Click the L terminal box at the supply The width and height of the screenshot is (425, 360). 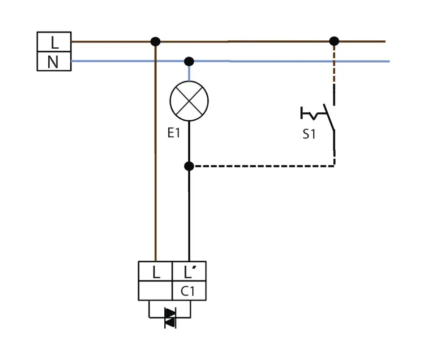[x=54, y=42]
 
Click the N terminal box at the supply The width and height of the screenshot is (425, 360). [x=54, y=61]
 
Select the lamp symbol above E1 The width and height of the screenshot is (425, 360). [x=189, y=101]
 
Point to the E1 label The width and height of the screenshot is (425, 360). [x=174, y=133]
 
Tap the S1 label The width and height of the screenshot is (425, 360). [x=309, y=134]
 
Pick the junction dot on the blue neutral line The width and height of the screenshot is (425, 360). [x=189, y=61]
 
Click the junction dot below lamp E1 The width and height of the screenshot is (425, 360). [x=189, y=166]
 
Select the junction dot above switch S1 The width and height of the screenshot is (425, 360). [x=334, y=41]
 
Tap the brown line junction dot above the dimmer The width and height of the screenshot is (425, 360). [x=155, y=42]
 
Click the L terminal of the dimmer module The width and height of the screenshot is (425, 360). [x=156, y=272]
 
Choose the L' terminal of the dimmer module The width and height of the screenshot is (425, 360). [x=189, y=272]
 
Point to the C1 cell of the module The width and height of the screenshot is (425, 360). [x=189, y=291]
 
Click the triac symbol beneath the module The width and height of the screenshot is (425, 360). [x=170, y=317]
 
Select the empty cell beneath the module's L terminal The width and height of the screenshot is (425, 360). [x=156, y=291]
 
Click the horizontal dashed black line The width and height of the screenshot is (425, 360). [x=263, y=166]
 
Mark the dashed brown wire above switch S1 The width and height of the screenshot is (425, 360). [x=334, y=66]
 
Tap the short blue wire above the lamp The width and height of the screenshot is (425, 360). [x=189, y=72]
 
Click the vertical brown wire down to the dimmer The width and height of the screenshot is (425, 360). [x=155, y=153]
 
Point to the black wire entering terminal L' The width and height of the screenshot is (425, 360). [x=189, y=219]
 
